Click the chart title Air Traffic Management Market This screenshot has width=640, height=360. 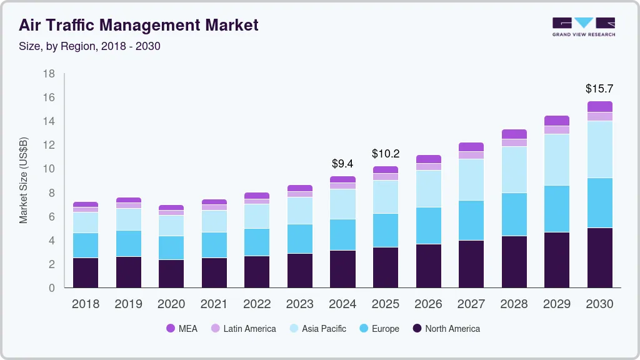click(x=138, y=25)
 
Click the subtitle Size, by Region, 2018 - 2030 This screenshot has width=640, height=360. click(x=89, y=46)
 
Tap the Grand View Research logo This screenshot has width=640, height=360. click(x=583, y=26)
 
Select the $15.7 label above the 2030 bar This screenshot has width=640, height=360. click(x=599, y=89)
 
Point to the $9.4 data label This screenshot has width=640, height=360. click(x=342, y=164)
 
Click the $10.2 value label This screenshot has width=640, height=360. click(x=385, y=154)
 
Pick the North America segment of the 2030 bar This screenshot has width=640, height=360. click(x=599, y=257)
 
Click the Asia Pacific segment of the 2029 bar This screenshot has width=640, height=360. click(x=557, y=159)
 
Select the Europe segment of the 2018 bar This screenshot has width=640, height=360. click(x=86, y=245)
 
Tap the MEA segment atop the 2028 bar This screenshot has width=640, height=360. click(x=514, y=134)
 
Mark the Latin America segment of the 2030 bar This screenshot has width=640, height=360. click(x=599, y=116)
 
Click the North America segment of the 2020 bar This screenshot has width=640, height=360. click(x=171, y=273)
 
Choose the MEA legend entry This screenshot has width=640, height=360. click(x=182, y=328)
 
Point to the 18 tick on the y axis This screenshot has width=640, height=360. click(x=49, y=74)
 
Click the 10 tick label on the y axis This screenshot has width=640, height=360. click(x=49, y=169)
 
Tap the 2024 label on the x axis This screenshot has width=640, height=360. click(x=342, y=304)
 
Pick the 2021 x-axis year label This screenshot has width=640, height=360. click(x=214, y=304)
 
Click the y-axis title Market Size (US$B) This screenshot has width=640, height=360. click(x=23, y=180)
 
